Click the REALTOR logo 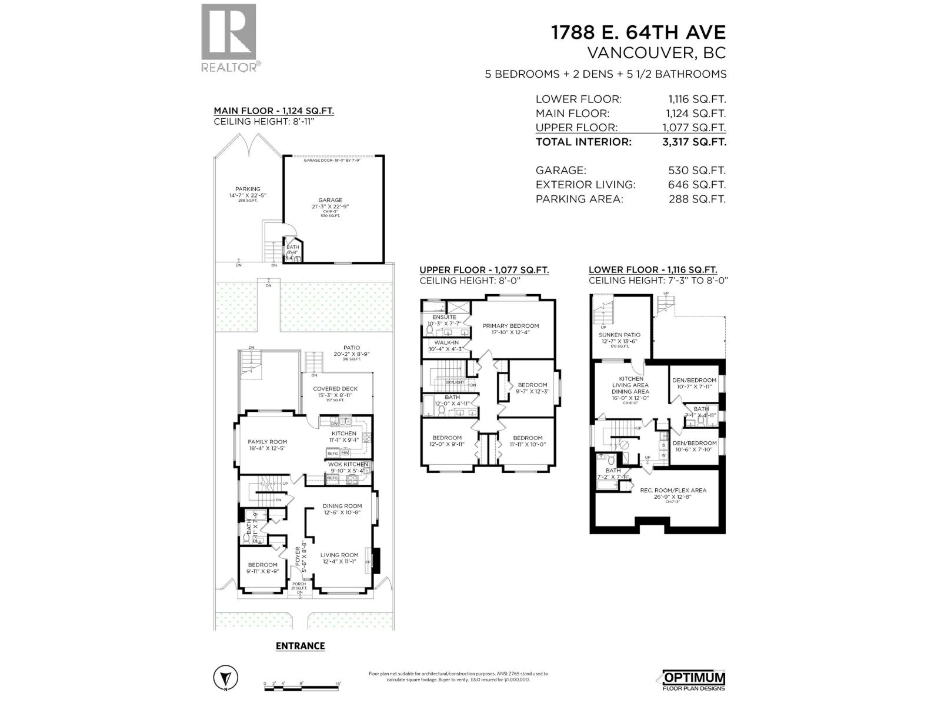pos(229,38)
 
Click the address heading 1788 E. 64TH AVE pos(638,32)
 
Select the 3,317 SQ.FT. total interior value pos(697,142)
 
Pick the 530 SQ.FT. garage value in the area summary pos(697,171)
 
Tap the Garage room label pos(331,201)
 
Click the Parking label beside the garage pos(248,189)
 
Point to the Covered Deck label pos(335,389)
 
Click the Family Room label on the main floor pos(267,442)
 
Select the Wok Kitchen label pos(348,464)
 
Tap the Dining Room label pos(342,506)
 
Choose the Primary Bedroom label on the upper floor pos(510,326)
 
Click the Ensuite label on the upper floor pos(444,317)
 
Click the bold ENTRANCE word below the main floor pos(300,646)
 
